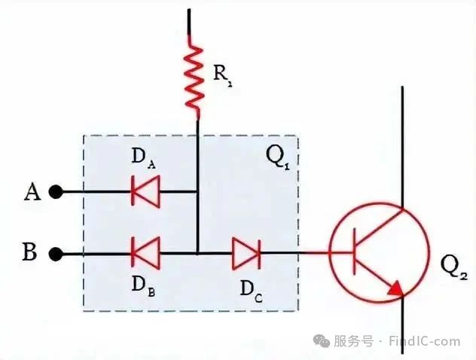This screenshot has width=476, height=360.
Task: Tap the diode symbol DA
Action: [145, 191]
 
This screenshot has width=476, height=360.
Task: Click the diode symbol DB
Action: [145, 253]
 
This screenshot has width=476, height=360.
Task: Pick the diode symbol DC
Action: [246, 253]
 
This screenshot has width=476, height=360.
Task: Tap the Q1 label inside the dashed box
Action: [277, 158]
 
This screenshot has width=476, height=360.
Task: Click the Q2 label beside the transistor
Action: [453, 267]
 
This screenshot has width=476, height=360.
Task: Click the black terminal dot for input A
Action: [56, 192]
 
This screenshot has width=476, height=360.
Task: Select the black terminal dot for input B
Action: [56, 254]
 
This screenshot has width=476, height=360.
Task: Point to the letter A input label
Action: [32, 192]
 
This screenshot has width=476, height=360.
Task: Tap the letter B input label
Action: [30, 252]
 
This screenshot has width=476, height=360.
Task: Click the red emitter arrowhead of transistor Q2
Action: [396, 288]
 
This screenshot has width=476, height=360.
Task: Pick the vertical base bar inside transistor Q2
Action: [354, 252]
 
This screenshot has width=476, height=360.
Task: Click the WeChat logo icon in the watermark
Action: [322, 341]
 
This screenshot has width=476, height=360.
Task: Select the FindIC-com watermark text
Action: [425, 341]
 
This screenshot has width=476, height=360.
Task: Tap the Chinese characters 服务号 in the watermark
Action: [354, 341]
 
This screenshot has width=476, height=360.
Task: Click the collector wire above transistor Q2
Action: [402, 148]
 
